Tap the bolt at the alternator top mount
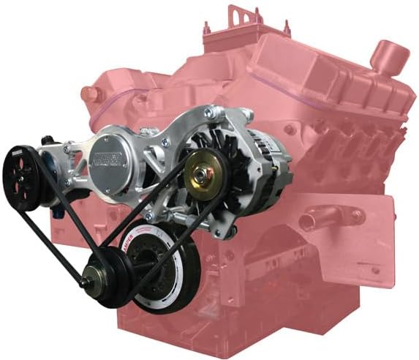click(210, 113)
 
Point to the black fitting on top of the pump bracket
click(48, 139)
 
